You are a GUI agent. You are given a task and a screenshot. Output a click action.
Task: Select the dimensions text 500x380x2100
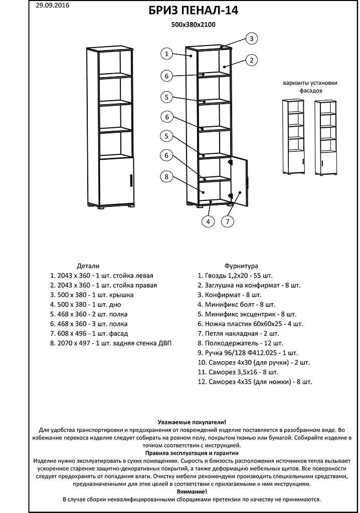[194, 25]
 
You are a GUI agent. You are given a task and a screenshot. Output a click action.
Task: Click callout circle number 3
[252, 39]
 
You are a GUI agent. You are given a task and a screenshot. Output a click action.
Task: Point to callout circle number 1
[167, 54]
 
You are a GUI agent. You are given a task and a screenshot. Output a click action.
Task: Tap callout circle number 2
[252, 61]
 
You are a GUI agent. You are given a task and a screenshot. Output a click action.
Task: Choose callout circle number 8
[167, 176]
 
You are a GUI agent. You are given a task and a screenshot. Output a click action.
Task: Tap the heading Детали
[88, 266]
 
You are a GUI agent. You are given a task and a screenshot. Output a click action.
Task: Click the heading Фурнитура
[241, 266]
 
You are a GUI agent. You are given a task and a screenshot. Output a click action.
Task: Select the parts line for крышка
[92, 295]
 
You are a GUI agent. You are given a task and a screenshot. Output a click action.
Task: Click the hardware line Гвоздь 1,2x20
[235, 276]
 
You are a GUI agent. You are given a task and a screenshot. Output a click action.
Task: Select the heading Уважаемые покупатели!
[192, 423]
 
